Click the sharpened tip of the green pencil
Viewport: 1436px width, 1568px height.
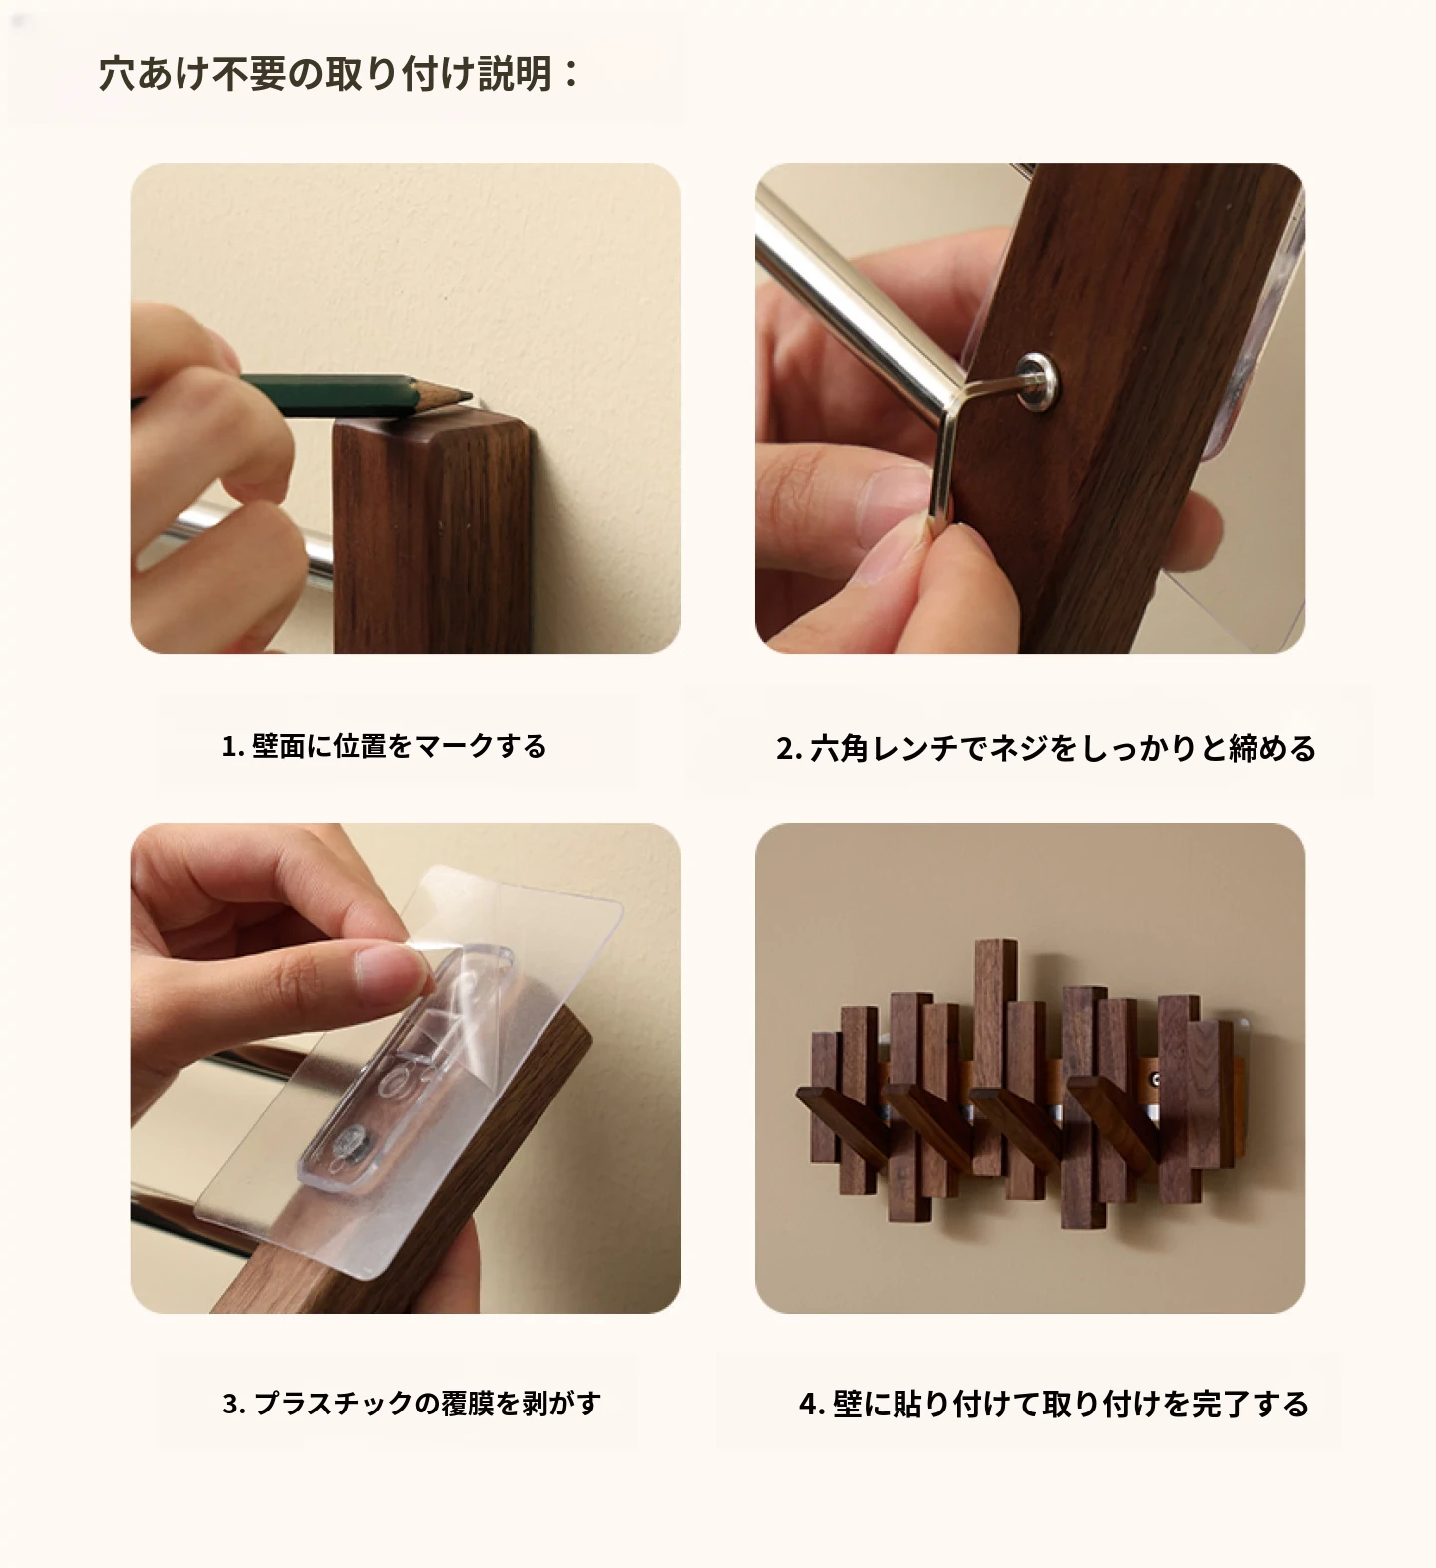click(470, 399)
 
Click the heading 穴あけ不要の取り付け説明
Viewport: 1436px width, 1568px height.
click(339, 74)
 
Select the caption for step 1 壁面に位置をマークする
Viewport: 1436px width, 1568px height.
click(384, 746)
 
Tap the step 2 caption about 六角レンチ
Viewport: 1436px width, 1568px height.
click(1046, 748)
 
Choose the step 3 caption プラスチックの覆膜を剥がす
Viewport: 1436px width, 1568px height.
click(411, 1404)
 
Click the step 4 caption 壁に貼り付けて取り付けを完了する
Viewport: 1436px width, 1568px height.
click(1053, 1405)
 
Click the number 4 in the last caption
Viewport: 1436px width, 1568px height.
click(807, 1406)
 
